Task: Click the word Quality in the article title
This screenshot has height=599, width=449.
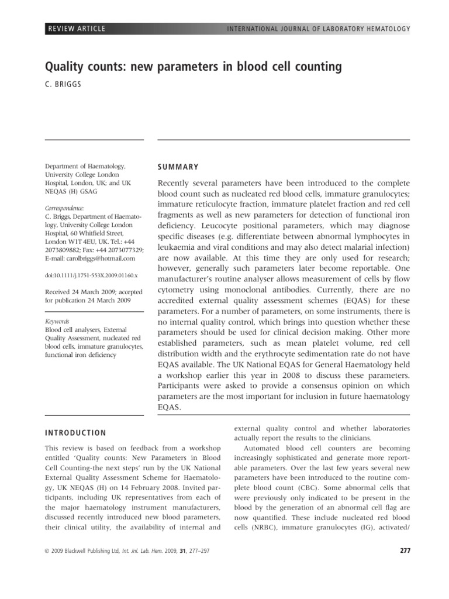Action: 63,67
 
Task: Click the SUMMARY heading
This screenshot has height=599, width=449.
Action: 178,167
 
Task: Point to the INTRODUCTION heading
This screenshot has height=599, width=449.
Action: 75,433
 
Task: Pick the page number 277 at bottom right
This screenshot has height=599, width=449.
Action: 404,552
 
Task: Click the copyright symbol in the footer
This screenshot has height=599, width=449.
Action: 47,552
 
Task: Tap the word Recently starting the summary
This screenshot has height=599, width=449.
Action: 177,183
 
